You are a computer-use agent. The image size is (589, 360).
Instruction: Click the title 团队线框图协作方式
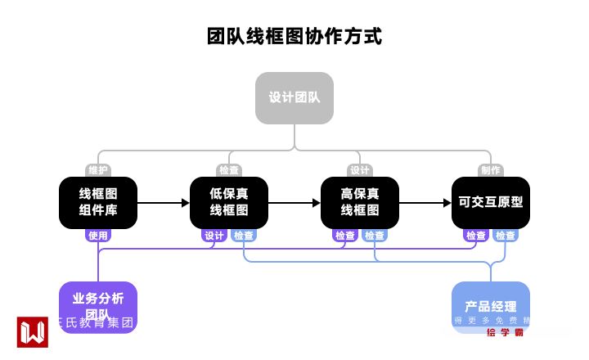pos(294,37)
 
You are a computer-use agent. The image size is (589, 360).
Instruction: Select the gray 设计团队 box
pos(294,98)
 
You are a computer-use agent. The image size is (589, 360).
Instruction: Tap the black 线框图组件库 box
pos(98,203)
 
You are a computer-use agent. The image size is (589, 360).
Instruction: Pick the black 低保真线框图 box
pos(229,203)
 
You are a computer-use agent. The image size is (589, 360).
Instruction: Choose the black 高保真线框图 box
pos(360,203)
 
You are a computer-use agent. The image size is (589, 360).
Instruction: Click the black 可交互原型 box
pos(491,203)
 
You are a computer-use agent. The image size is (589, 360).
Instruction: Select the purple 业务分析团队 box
pos(98,305)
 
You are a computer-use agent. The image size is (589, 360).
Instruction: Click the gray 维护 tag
pos(98,170)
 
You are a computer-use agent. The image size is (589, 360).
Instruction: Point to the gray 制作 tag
pos(491,170)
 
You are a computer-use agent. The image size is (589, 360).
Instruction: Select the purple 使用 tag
pos(98,236)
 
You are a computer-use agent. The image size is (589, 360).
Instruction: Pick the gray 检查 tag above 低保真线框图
pos(229,170)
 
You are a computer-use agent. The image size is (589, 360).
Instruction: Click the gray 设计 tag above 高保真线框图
pos(360,170)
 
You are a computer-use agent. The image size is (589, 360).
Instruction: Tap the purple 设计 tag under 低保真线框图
pos(214,236)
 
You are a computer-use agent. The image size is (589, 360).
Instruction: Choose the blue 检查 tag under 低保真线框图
pos(244,236)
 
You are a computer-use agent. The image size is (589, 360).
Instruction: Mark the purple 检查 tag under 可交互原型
pos(476,236)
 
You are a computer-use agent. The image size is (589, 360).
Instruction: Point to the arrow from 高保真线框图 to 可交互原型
pos(425,203)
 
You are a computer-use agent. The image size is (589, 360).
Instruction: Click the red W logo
pos(33,331)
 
